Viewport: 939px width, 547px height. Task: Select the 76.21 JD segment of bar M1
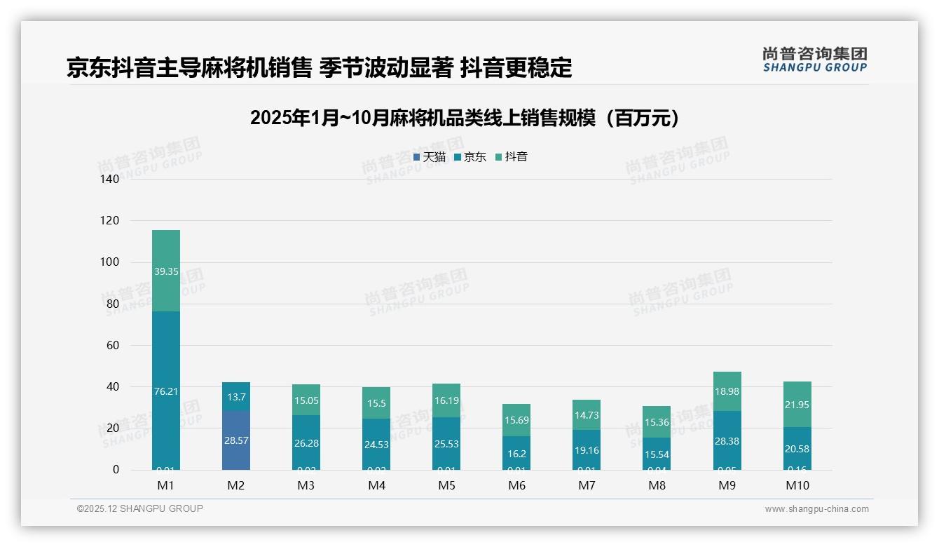click(166, 391)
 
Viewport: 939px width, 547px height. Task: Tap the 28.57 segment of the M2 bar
click(236, 440)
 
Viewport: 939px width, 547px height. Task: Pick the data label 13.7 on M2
click(236, 397)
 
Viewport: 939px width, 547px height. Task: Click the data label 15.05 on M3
click(306, 400)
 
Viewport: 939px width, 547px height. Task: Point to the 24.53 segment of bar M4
click(376, 444)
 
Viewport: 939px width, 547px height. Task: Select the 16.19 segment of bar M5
click(446, 401)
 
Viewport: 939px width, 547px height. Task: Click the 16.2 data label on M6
click(516, 454)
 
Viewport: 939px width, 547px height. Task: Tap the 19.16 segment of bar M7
click(587, 450)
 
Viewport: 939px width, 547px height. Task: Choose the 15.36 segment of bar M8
click(657, 422)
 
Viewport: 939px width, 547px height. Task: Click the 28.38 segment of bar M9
click(727, 440)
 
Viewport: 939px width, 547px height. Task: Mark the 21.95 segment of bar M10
click(797, 405)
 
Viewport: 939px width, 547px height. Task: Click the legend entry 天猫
click(430, 157)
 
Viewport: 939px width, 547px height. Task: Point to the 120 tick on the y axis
click(110, 221)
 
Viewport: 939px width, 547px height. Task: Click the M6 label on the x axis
click(516, 485)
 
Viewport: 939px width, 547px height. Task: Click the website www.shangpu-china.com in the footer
click(816, 509)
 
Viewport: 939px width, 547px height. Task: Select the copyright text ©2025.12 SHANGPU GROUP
click(140, 508)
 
